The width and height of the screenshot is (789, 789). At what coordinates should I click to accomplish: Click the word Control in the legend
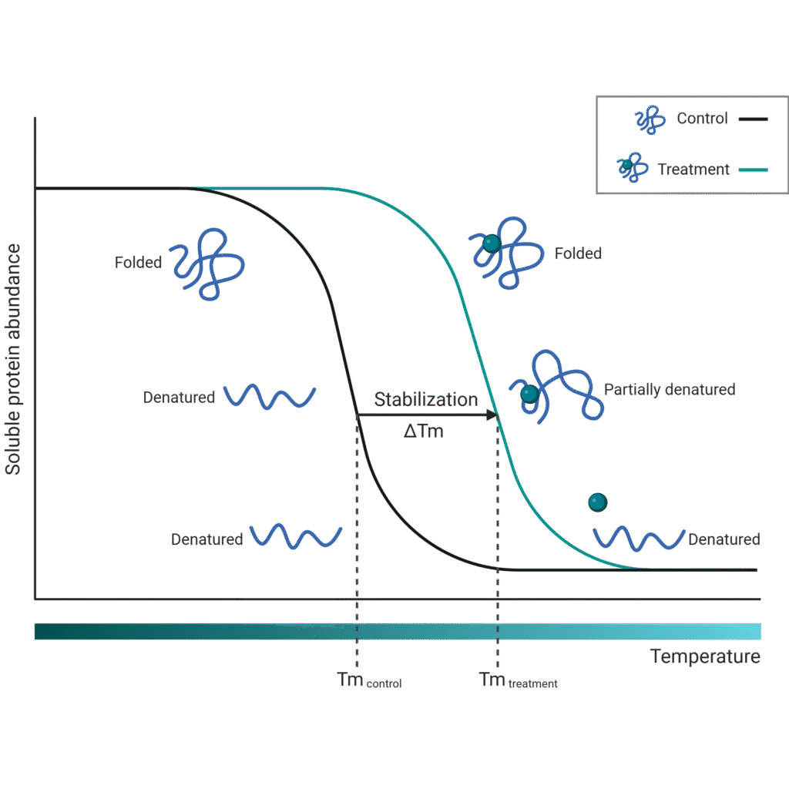point(702,119)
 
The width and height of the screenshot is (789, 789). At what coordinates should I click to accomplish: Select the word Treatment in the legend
point(693,169)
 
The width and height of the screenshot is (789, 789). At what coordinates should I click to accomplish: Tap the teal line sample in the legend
point(753,170)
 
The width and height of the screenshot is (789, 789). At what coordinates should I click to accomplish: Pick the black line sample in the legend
point(753,119)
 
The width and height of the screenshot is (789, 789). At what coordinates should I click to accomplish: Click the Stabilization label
point(425,400)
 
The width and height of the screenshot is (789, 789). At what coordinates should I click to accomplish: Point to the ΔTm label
point(424,431)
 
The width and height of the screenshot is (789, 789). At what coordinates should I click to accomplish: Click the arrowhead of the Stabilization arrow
point(491,415)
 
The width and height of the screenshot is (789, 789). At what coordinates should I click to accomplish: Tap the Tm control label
point(369,680)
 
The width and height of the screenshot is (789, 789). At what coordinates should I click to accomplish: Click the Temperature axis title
point(705,657)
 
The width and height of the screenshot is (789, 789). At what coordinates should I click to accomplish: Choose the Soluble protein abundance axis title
point(13,359)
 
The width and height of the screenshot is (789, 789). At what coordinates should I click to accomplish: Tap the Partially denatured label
point(669,390)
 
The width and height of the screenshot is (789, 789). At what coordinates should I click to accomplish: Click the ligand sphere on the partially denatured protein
point(529,394)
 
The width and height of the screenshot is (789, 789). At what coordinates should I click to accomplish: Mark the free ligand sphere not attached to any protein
point(598,502)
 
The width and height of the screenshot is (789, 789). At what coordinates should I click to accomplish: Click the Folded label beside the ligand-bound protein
point(578,253)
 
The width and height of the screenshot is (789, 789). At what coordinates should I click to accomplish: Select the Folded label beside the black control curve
point(139,263)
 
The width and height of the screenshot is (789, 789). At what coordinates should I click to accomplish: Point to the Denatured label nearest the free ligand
point(724,539)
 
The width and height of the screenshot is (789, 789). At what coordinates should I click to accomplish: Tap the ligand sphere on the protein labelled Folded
point(492,243)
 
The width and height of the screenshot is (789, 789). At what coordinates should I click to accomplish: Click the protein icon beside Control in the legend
point(649,120)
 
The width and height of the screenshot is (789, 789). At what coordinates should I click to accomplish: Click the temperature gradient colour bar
point(397,631)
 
